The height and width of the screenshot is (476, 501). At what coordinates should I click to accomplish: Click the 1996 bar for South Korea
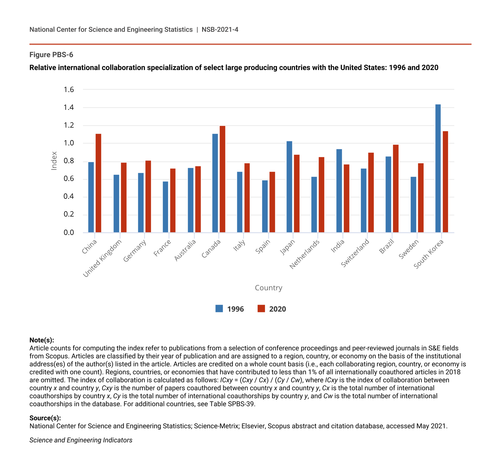point(438,168)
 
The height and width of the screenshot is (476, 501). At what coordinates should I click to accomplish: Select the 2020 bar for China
point(98,183)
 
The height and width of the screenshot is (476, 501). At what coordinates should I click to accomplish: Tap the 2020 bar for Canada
point(223,179)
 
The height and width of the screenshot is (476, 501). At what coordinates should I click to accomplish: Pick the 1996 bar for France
point(165,207)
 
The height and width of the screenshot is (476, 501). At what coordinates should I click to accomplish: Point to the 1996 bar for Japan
point(289,187)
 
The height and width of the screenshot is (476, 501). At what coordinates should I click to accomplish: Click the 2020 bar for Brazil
point(396,189)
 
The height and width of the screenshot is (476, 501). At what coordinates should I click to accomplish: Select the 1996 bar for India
point(339,191)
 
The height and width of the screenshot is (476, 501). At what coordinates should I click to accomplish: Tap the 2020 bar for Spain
point(272,202)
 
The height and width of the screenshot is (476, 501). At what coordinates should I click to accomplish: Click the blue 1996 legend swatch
point(219,309)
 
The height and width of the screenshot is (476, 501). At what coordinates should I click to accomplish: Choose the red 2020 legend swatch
point(261,309)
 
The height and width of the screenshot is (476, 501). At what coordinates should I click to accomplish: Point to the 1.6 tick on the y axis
point(69,89)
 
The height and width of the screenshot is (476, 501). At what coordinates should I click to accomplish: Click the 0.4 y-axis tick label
point(69,197)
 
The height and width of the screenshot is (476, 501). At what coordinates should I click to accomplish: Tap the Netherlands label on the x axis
point(305,255)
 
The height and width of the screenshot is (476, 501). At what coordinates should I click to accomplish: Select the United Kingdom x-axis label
point(102,259)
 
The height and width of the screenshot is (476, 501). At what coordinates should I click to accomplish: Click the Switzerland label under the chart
point(355,253)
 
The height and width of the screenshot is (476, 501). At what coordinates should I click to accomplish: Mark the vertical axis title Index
point(54,161)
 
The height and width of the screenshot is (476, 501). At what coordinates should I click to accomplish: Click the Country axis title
point(268,288)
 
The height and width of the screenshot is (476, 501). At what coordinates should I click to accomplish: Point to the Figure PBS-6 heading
point(51,55)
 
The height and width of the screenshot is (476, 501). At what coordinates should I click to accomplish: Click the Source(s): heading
point(45,418)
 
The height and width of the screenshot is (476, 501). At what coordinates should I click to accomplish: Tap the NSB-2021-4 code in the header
point(220,29)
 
